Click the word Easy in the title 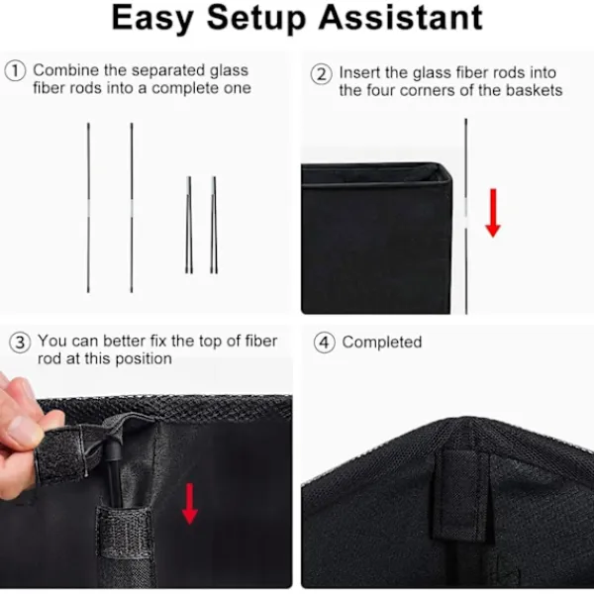click(x=152, y=18)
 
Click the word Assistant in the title click(x=401, y=17)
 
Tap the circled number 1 click(x=15, y=70)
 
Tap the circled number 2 click(x=321, y=74)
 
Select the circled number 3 click(x=20, y=343)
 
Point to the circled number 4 click(x=325, y=343)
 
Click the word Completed click(x=382, y=343)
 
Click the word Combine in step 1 click(x=66, y=70)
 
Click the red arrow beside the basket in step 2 click(x=493, y=213)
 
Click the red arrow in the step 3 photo click(x=190, y=504)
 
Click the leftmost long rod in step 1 click(x=88, y=208)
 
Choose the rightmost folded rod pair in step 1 click(x=214, y=225)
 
